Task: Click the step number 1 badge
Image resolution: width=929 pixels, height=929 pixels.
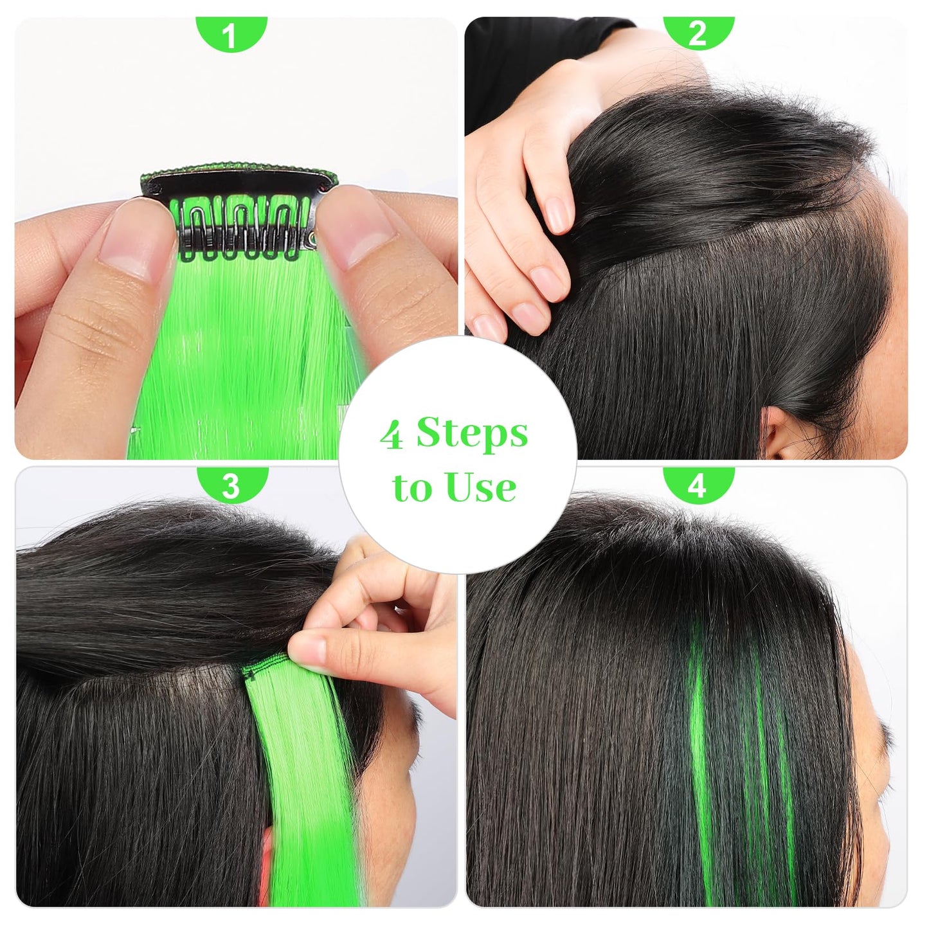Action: pyautogui.click(x=231, y=33)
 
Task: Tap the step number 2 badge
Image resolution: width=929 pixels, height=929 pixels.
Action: pyautogui.click(x=698, y=33)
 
